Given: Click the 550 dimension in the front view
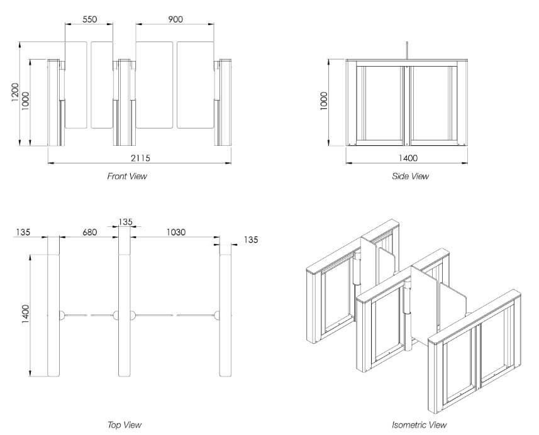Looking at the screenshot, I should tap(90, 19).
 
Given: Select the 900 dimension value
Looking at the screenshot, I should tap(175, 19).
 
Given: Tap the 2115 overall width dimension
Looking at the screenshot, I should tap(140, 157).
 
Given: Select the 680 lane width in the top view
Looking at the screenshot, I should tap(89, 232).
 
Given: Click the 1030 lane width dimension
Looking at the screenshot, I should tap(175, 232).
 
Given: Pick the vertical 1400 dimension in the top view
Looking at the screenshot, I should tap(26, 314).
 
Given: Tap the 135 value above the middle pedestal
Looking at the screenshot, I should tap(126, 221).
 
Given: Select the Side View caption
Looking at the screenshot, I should tap(410, 177).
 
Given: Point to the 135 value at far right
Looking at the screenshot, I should tap(250, 240).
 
